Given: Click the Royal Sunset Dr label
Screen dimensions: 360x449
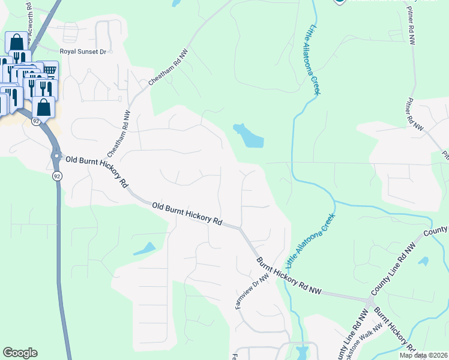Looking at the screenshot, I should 83,52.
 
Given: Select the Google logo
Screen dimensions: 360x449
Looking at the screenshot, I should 20,353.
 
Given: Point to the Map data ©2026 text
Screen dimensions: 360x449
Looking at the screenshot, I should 423,355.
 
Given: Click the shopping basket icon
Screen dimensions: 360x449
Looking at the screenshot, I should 49,70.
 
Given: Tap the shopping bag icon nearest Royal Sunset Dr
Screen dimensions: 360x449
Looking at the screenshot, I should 16,42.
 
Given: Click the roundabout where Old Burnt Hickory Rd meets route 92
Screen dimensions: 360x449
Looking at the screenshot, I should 56,155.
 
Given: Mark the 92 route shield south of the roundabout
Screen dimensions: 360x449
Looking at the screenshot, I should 57,176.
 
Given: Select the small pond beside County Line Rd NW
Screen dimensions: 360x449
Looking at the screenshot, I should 424,262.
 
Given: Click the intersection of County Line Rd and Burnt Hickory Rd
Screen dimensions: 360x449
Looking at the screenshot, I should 368,299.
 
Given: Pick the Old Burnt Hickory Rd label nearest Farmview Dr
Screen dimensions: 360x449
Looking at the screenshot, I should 187,214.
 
